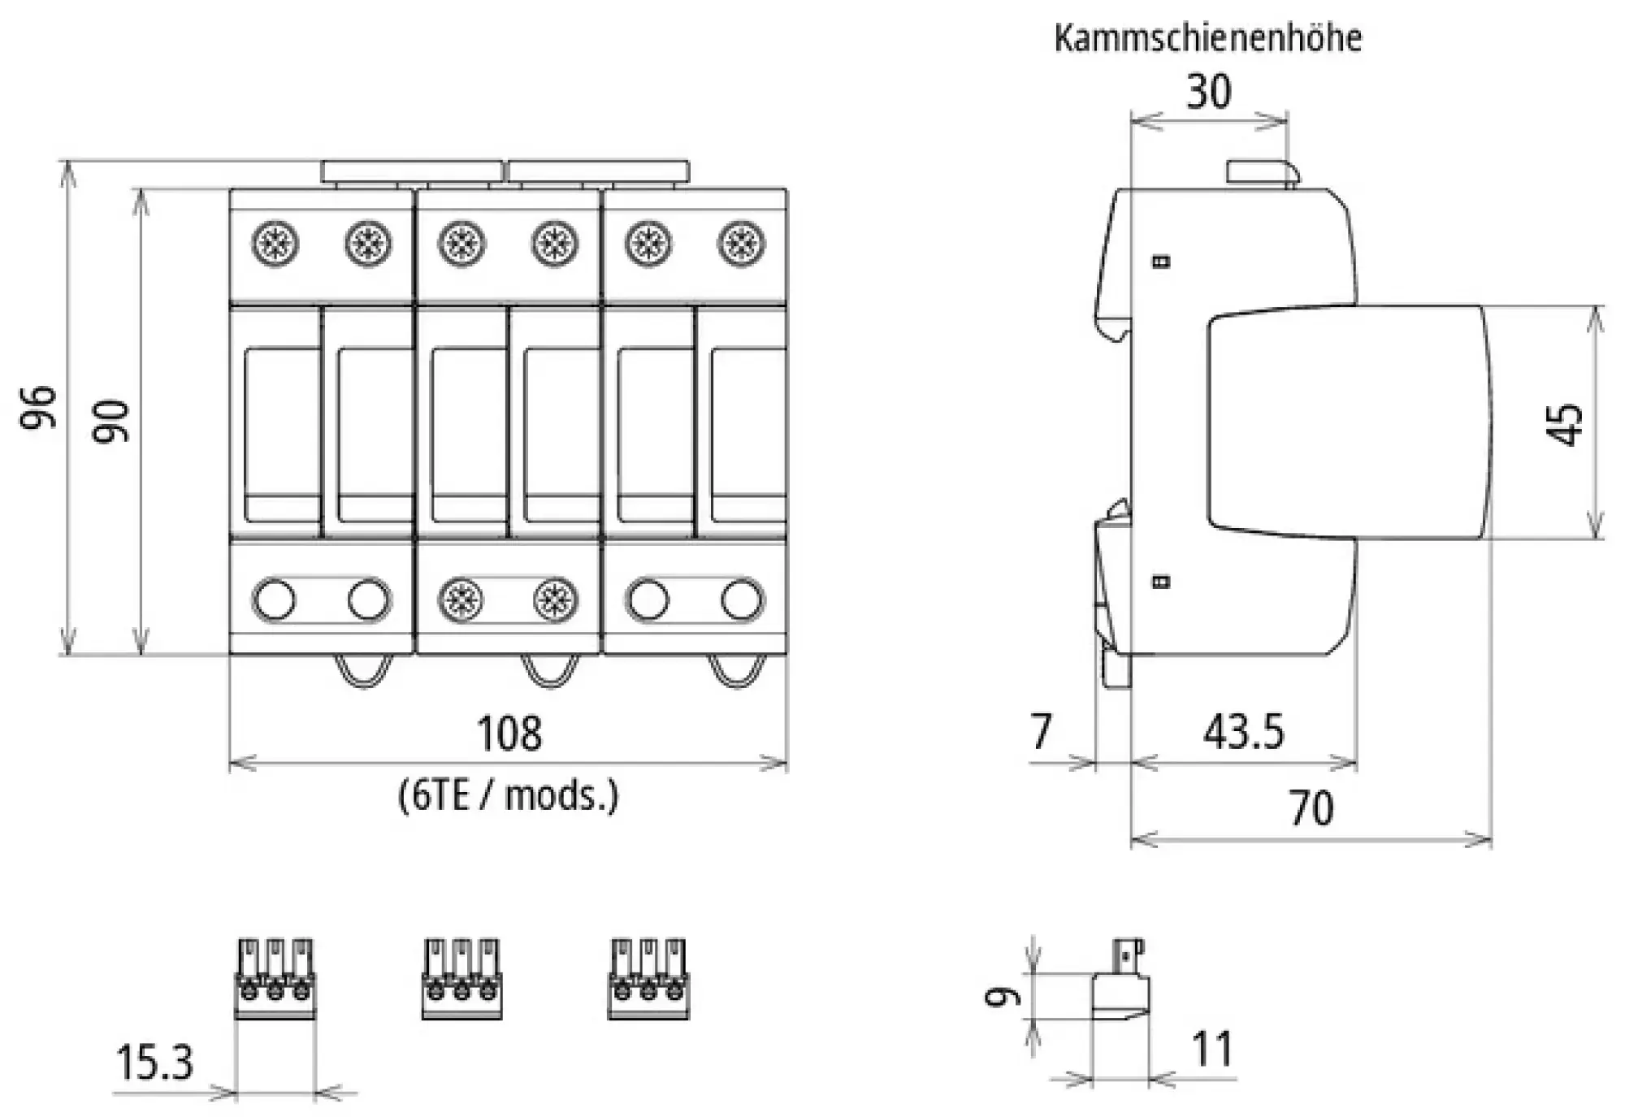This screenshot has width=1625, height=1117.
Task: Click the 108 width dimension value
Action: [509, 733]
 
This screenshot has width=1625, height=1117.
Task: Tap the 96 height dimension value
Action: [39, 407]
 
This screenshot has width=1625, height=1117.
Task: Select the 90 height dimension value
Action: [111, 421]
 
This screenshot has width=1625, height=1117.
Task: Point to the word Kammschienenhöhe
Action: [1207, 38]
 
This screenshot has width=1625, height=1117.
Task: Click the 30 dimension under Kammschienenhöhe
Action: [1208, 92]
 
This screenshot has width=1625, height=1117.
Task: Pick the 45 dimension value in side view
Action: [1564, 424]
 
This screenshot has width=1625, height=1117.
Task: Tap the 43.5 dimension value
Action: [1243, 732]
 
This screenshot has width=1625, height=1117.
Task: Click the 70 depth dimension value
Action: [1311, 808]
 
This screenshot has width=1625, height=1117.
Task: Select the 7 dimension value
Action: [1041, 731]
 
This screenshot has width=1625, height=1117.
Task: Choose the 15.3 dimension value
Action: [154, 1062]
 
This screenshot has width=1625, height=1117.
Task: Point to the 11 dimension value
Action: [1212, 1049]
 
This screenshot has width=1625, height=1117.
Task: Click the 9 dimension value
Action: [1003, 996]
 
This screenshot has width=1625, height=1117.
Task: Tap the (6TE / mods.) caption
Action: [509, 794]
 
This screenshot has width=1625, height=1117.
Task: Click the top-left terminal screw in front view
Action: [275, 244]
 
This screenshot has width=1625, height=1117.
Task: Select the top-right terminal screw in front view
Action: [740, 244]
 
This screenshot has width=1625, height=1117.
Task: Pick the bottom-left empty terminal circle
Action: [275, 600]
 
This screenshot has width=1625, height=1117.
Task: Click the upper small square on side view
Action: [1162, 262]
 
